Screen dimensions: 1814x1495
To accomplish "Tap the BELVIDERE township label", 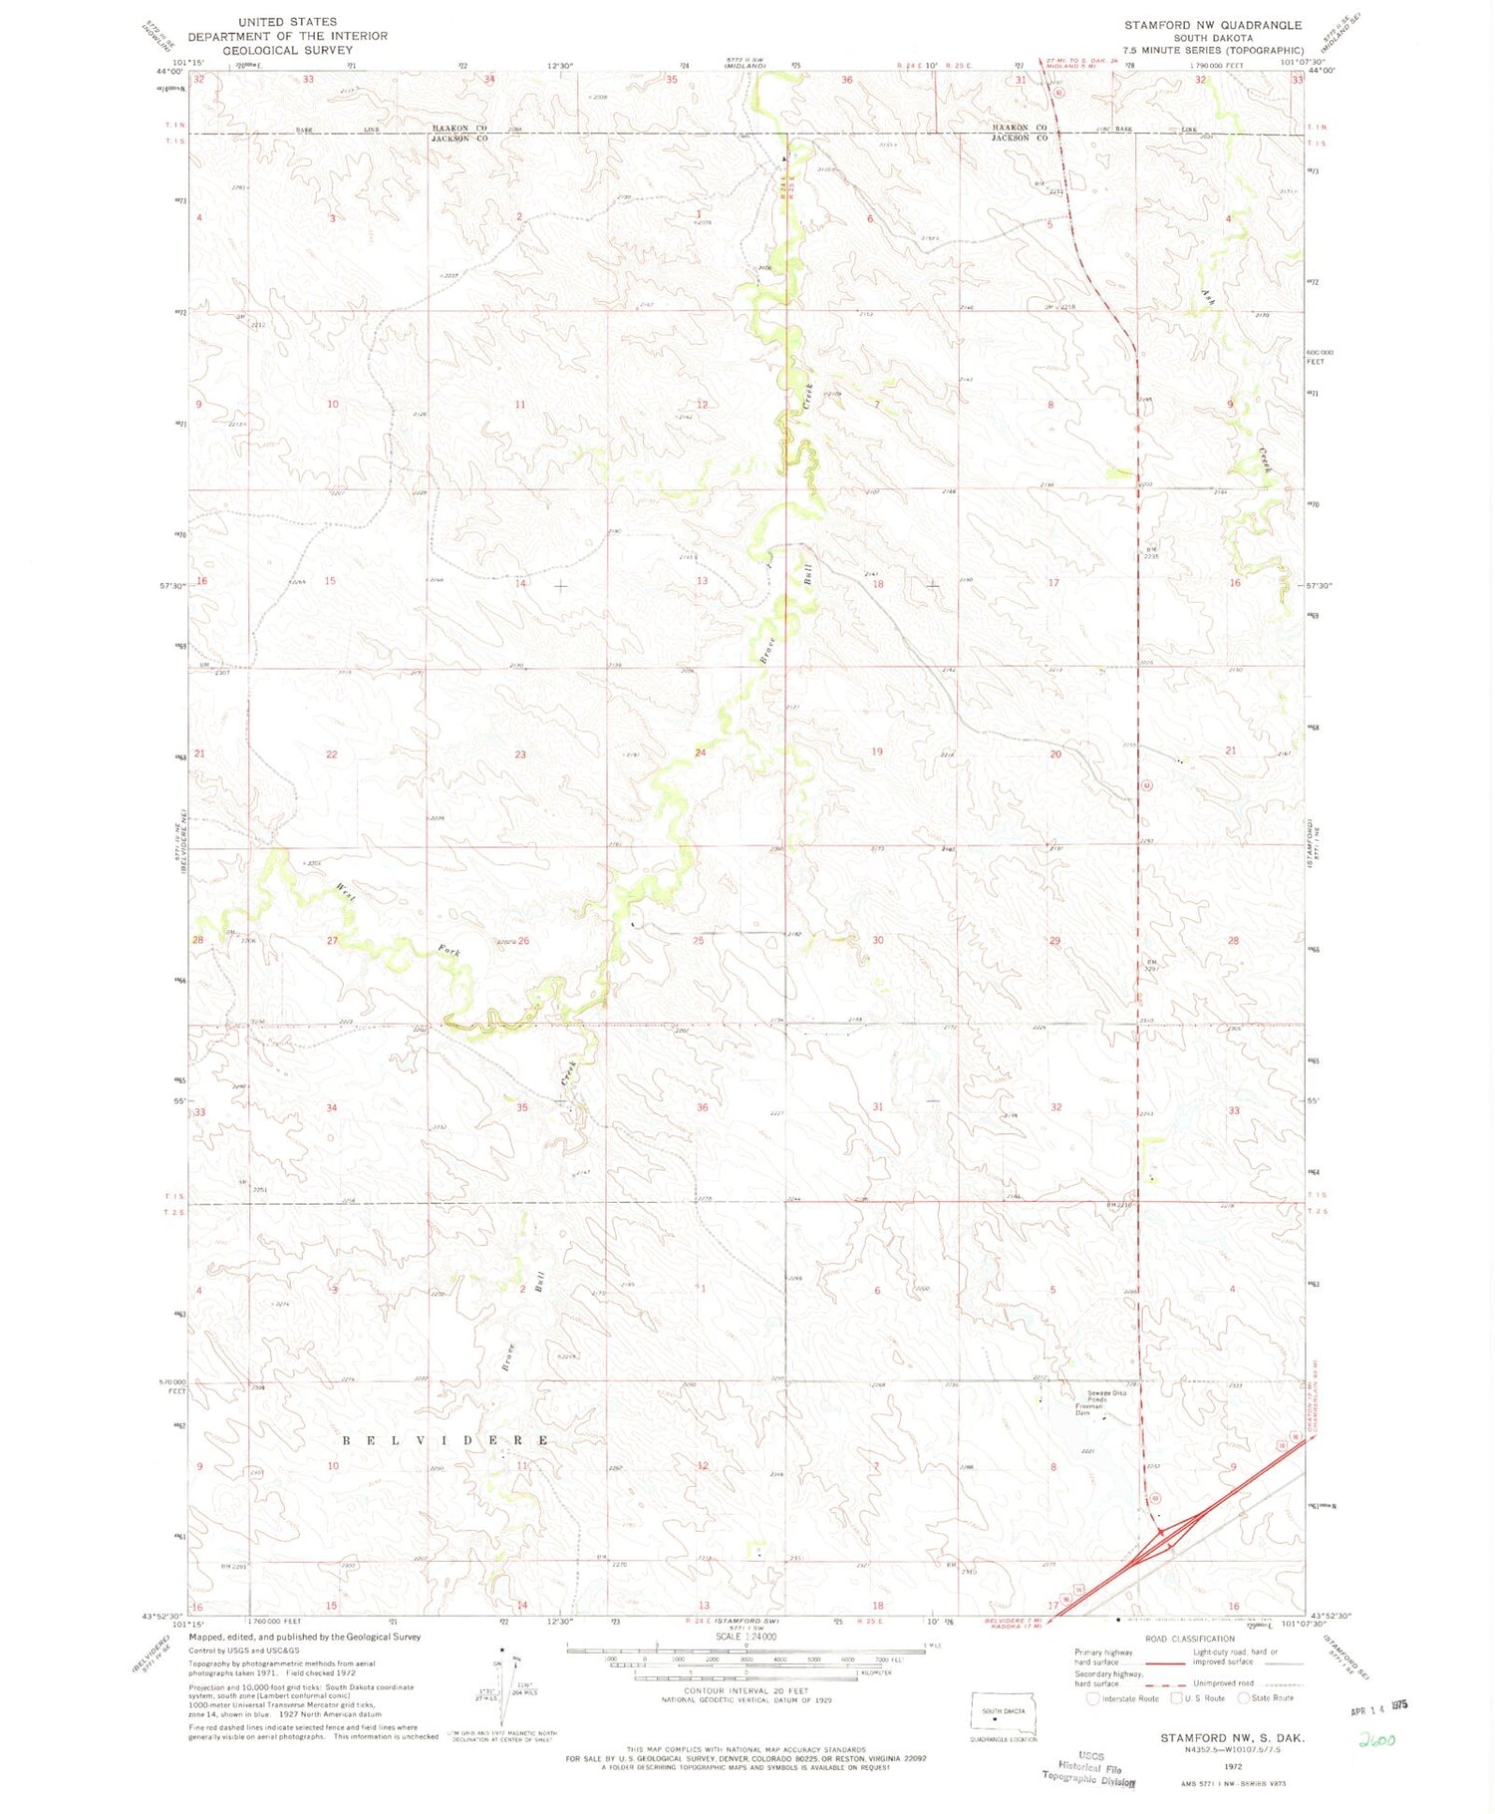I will pos(447,1440).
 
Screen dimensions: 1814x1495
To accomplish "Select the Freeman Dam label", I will pos(1089,1409).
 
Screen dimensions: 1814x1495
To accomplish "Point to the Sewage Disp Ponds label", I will pos(1106,1395).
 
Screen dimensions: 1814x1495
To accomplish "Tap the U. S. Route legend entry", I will pos(1199,1698).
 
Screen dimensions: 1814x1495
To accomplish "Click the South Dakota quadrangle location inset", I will pos(1004,1714).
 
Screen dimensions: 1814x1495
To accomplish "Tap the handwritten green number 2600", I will pos(1377,1740).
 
